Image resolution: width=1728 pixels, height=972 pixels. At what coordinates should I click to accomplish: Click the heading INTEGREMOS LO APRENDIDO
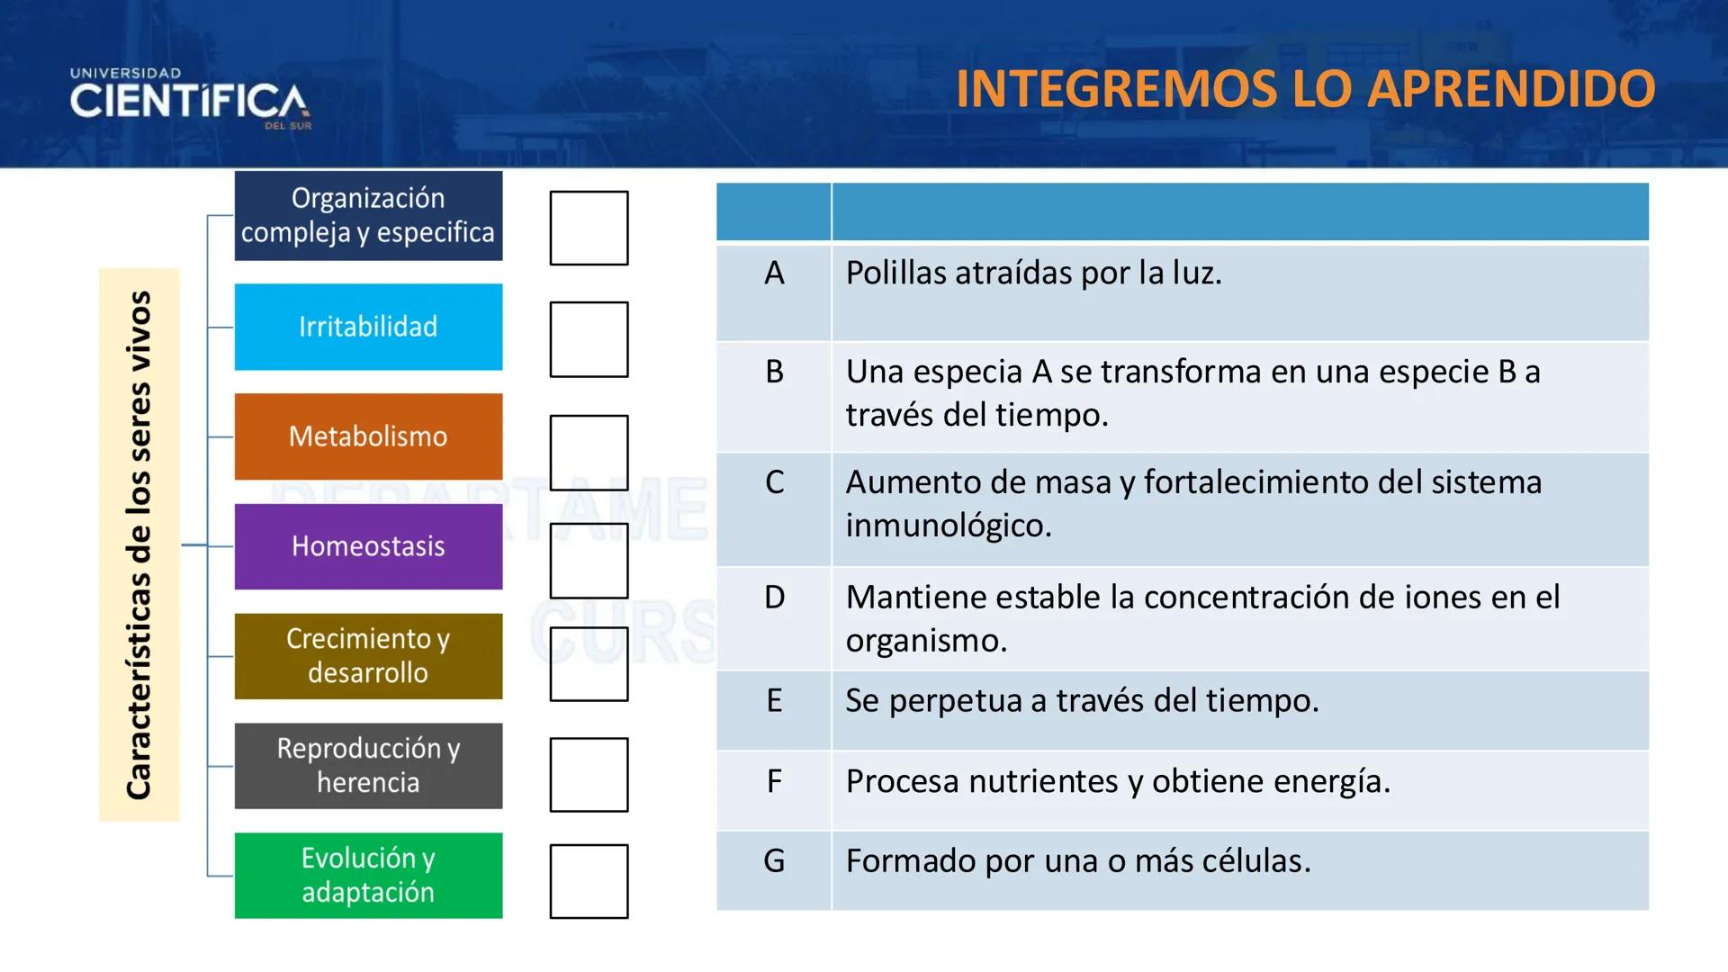pyautogui.click(x=1305, y=88)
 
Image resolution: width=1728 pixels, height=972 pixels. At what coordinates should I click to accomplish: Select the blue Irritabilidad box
pyautogui.click(x=368, y=327)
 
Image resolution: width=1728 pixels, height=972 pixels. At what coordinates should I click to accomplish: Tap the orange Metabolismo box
pyautogui.click(x=368, y=436)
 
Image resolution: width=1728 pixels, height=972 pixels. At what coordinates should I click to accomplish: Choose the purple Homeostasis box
pyautogui.click(x=368, y=546)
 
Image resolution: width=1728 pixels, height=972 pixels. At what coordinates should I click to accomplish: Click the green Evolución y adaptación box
pyautogui.click(x=368, y=875)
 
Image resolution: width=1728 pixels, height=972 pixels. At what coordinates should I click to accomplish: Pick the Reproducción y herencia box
pyautogui.click(x=368, y=765)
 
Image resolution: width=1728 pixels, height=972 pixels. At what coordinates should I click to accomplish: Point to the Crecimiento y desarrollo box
pyautogui.click(x=368, y=656)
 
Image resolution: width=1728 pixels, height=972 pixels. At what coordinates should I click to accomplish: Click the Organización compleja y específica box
pyautogui.click(x=368, y=216)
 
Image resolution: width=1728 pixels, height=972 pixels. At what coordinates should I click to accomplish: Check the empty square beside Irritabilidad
pyautogui.click(x=589, y=339)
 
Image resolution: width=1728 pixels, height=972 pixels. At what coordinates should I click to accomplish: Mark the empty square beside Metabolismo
pyautogui.click(x=589, y=452)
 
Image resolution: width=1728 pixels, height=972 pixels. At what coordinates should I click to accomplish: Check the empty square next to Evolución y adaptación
pyautogui.click(x=589, y=881)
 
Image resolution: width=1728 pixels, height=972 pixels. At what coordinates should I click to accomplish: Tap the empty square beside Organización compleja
pyautogui.click(x=589, y=228)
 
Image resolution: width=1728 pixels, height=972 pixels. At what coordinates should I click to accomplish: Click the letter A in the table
pyautogui.click(x=774, y=273)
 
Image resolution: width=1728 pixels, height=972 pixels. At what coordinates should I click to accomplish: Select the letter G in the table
pyautogui.click(x=774, y=861)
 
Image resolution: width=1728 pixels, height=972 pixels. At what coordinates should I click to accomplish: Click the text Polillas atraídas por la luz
pyautogui.click(x=1033, y=273)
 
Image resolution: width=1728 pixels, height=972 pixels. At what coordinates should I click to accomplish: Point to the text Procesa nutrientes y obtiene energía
pyautogui.click(x=1118, y=781)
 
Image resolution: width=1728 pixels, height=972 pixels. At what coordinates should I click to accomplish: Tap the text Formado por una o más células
pyautogui.click(x=1077, y=861)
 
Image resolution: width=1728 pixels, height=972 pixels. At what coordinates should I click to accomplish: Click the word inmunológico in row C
pyautogui.click(x=948, y=526)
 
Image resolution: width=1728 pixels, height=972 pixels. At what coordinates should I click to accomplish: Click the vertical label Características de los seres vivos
pyautogui.click(x=139, y=544)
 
